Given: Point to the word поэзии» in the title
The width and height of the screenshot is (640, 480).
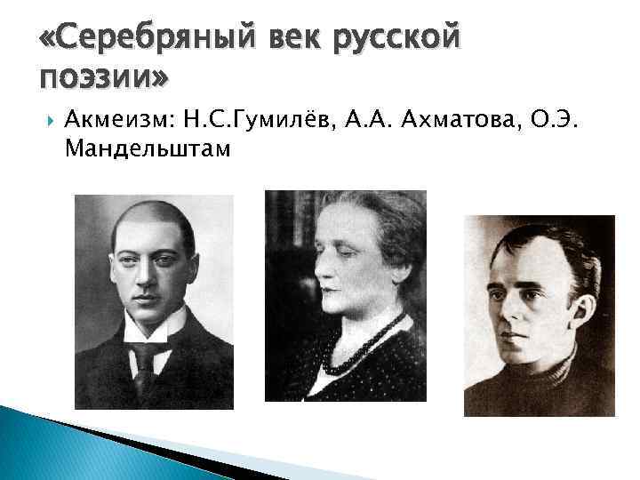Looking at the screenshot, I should (x=102, y=79).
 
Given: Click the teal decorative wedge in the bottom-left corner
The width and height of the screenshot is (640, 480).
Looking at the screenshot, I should (x=36, y=444).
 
